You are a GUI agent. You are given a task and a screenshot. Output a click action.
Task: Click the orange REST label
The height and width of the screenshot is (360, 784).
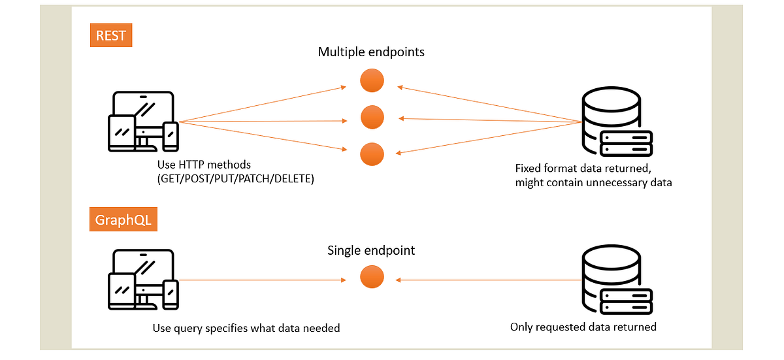(x=110, y=35)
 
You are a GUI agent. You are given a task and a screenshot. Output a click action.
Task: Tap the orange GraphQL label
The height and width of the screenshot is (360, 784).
(x=123, y=220)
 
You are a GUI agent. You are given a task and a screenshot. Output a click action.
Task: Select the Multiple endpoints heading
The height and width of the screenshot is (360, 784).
(x=371, y=52)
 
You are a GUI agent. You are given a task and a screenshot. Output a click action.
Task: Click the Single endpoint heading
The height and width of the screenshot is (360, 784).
(x=371, y=250)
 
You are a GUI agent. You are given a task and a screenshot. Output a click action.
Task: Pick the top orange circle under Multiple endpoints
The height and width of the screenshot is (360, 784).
(x=372, y=81)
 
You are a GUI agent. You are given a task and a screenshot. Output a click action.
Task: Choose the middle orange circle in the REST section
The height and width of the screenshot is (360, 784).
(x=372, y=118)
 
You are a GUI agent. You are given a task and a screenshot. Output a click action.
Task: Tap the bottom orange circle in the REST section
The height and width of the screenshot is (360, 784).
(x=372, y=154)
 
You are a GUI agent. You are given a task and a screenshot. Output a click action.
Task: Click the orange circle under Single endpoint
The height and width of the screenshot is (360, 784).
(x=372, y=277)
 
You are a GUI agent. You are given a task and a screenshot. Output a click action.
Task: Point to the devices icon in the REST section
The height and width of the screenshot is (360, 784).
(x=142, y=122)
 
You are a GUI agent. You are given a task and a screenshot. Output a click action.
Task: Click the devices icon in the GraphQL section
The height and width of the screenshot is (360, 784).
(x=142, y=280)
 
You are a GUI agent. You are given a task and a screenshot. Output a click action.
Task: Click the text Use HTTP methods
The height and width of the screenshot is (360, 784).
(x=204, y=165)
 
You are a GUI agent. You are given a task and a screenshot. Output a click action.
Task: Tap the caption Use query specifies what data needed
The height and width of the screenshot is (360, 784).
(x=246, y=328)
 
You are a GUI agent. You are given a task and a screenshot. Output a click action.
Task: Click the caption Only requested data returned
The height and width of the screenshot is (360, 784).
(x=583, y=327)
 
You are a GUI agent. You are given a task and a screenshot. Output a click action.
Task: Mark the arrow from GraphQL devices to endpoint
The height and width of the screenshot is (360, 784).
(x=261, y=280)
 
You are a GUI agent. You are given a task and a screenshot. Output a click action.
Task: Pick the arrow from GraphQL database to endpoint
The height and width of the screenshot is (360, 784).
(x=490, y=280)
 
